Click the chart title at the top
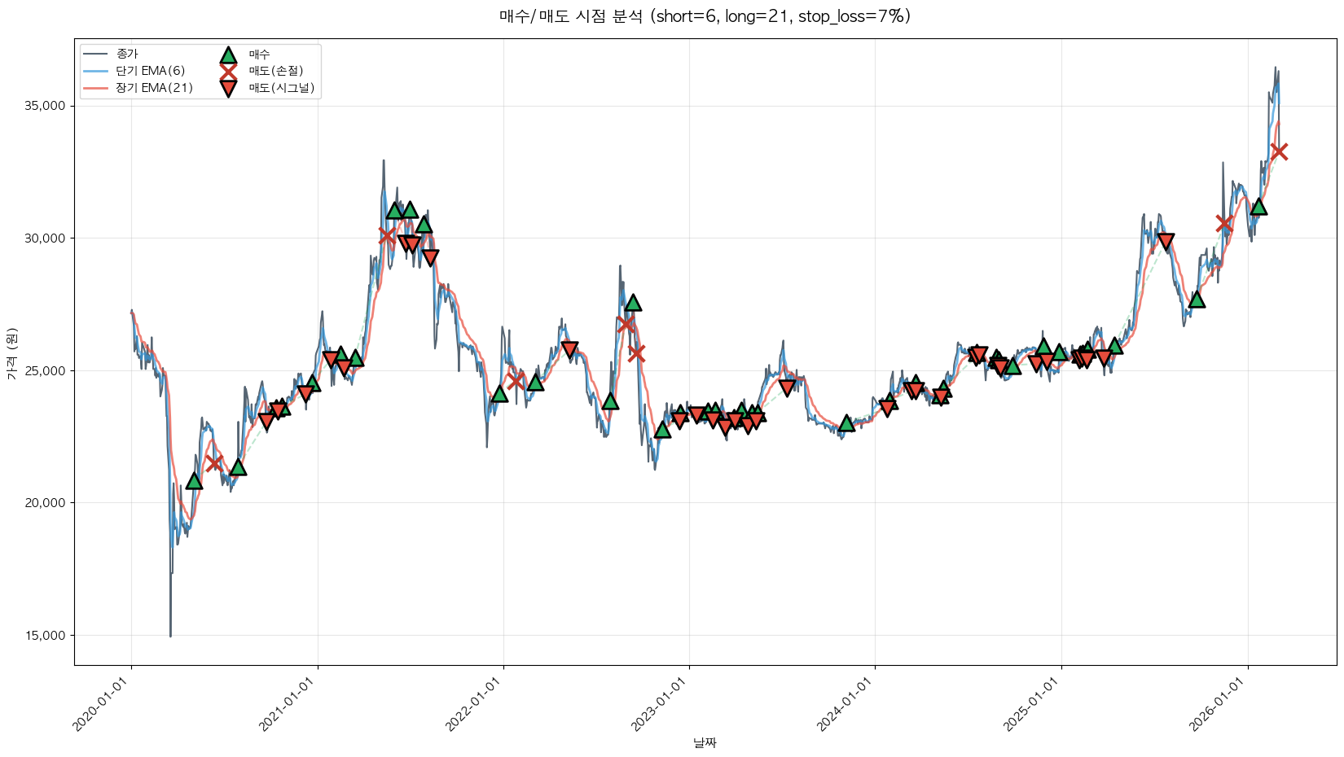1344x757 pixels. click(x=705, y=16)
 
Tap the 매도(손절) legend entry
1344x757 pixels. click(x=275, y=71)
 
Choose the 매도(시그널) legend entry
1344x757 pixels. click(x=281, y=88)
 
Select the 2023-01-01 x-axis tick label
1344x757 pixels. click(x=661, y=704)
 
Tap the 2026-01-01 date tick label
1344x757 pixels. click(x=1219, y=704)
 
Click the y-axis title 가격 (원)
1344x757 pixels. click(x=12, y=353)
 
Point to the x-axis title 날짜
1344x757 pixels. click(x=705, y=742)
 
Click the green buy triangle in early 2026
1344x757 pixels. click(x=1258, y=206)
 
